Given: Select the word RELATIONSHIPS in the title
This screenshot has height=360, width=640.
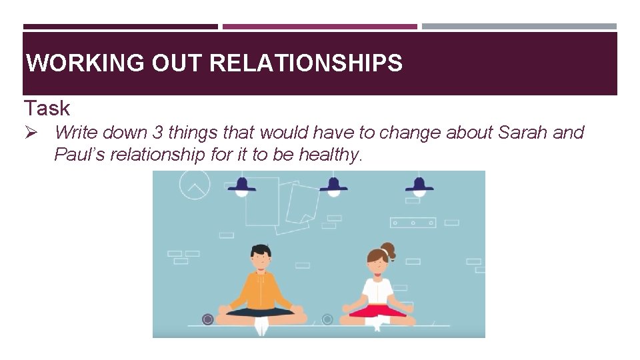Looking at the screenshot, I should [x=306, y=63].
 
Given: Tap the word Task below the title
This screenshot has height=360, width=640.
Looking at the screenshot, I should [x=47, y=108].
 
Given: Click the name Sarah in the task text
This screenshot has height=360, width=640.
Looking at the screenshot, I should [x=523, y=133].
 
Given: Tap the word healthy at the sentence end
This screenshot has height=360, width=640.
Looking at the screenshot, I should [x=330, y=155].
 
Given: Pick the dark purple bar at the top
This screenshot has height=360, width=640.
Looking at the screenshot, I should [x=120, y=27].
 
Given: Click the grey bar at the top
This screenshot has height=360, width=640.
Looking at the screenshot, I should [x=519, y=27].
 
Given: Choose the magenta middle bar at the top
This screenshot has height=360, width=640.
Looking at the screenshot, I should [x=319, y=27].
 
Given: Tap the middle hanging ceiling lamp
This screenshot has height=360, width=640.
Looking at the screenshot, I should [x=333, y=185].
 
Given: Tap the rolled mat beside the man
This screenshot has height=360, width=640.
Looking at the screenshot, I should [x=207, y=320].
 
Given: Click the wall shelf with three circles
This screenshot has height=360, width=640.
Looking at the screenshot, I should [x=413, y=223].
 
